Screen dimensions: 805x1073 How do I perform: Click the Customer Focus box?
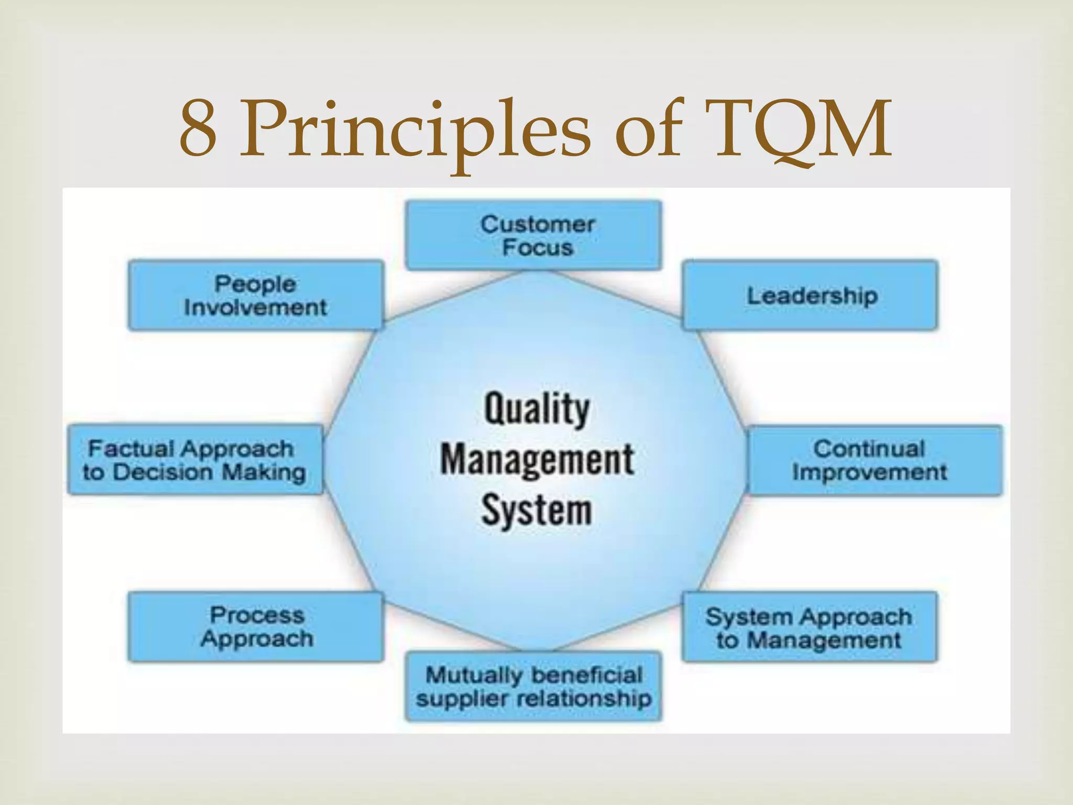tap(533, 235)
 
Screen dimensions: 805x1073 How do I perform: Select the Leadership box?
tap(809, 295)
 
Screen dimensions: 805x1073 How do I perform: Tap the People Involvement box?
tap(256, 295)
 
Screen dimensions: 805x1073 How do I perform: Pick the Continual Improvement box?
tap(874, 460)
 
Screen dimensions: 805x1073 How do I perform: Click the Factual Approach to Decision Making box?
tap(195, 460)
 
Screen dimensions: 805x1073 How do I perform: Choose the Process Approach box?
tap(256, 626)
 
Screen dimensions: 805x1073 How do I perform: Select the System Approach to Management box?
tap(809, 626)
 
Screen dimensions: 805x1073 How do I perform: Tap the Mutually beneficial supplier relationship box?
tap(533, 686)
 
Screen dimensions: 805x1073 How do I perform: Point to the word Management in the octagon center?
tap(536, 459)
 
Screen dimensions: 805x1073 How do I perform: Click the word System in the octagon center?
tap(536, 509)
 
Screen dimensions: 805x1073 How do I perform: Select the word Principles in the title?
tap(414, 128)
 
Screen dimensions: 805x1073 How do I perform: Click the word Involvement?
tap(256, 307)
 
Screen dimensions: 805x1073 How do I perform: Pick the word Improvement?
tap(870, 472)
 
